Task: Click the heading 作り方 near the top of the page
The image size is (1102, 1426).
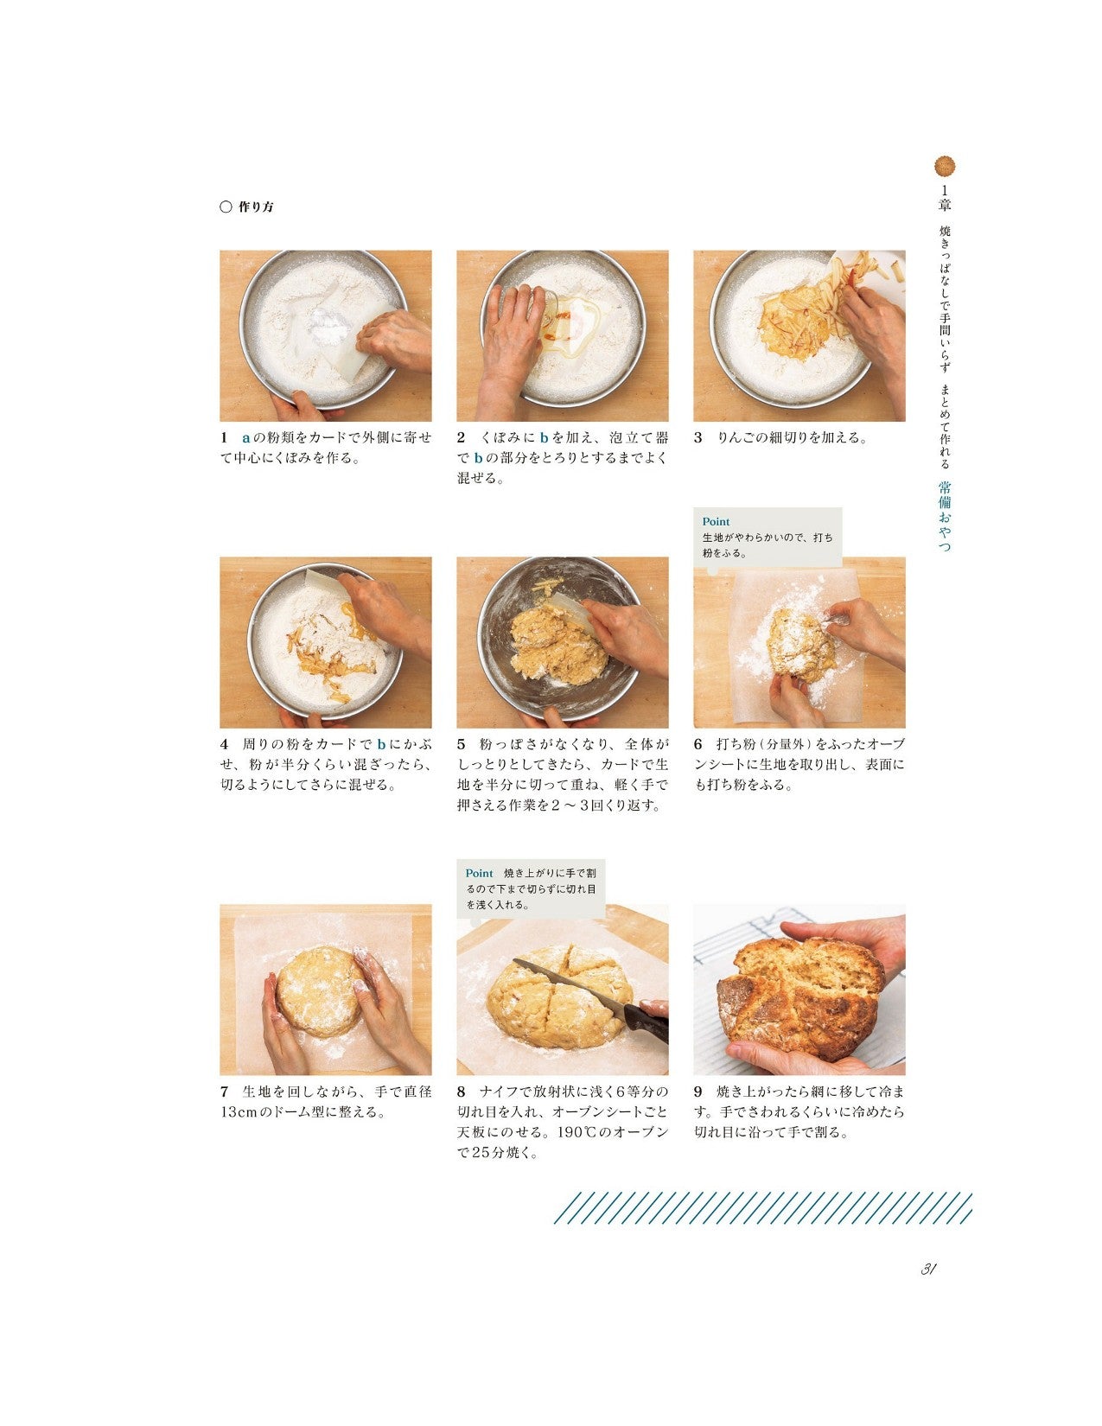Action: [x=256, y=207]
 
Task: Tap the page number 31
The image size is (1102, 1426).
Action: [x=929, y=1270]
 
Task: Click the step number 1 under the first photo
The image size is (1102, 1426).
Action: [x=224, y=437]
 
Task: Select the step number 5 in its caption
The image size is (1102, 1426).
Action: [x=462, y=744]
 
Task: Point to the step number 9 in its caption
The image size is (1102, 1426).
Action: [x=698, y=1092]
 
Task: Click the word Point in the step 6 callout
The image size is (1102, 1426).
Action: [x=716, y=522]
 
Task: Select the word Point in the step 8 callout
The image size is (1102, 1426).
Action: [x=479, y=874]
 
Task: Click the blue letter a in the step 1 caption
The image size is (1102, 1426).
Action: [x=245, y=437]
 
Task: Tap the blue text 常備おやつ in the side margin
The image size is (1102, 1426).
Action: [x=945, y=517]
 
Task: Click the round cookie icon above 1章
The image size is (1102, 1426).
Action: [x=945, y=167]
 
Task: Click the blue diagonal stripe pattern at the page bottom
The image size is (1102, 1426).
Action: [x=762, y=1208]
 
